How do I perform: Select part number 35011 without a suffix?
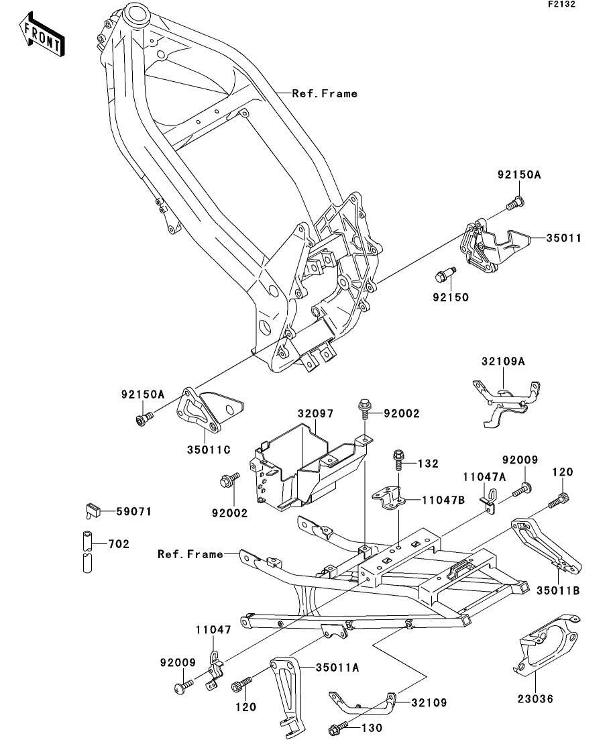(563, 238)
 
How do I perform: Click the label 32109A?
(502, 361)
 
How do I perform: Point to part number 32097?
(315, 414)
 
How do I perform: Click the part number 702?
(119, 544)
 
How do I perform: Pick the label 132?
(429, 464)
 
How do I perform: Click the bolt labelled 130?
(338, 728)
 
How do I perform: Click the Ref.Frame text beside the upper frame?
(325, 94)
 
